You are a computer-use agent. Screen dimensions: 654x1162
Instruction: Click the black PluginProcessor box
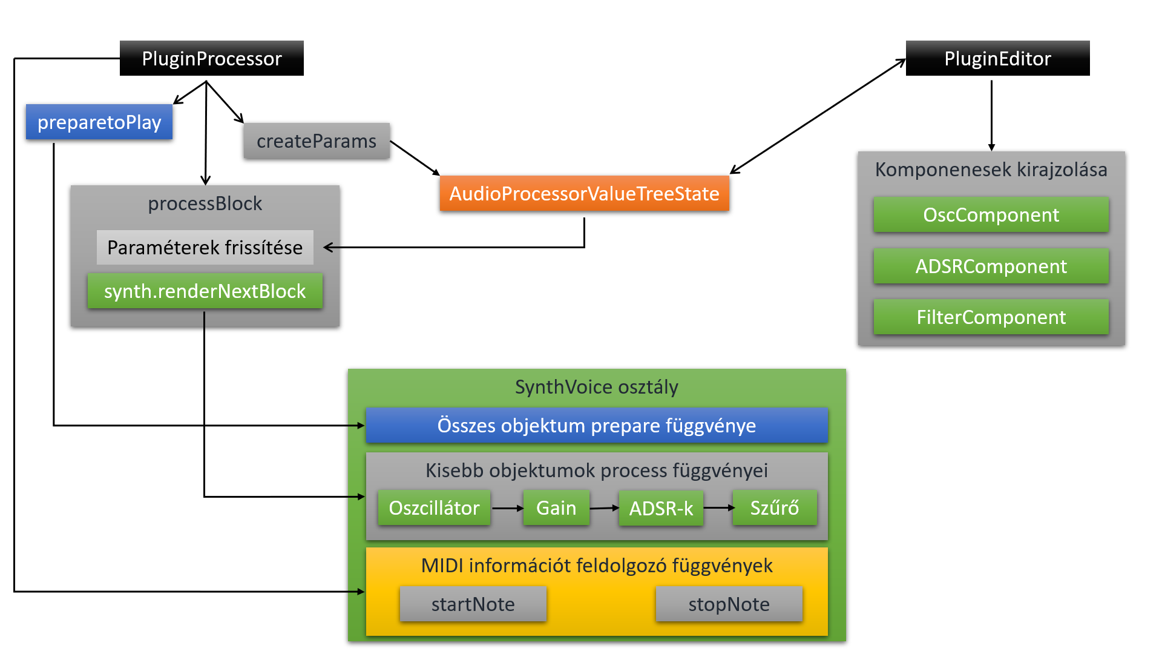tap(211, 58)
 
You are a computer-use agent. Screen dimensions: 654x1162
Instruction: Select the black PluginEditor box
tap(997, 58)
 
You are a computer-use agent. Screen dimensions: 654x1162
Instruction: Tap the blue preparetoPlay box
tap(99, 122)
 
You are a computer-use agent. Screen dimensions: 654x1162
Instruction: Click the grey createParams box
tap(317, 141)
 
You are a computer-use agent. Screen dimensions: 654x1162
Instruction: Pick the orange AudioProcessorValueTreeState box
tap(584, 194)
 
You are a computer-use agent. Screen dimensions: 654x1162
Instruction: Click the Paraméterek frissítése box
tap(205, 247)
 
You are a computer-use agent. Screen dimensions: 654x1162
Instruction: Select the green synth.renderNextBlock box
tap(205, 291)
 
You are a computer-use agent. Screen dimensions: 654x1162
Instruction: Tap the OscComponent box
tap(991, 215)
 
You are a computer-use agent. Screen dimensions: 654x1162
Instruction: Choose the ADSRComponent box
tap(991, 266)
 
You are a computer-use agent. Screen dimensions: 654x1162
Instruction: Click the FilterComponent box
tap(991, 317)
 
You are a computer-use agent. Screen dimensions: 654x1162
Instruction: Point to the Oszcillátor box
tap(434, 507)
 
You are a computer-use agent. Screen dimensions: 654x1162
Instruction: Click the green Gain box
tap(556, 507)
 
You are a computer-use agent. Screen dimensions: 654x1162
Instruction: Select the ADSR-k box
tap(661, 507)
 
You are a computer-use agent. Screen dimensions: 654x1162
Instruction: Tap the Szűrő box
tap(774, 507)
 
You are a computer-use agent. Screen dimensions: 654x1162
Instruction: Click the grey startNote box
tap(473, 604)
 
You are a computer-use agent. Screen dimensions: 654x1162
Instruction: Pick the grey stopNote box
tap(729, 604)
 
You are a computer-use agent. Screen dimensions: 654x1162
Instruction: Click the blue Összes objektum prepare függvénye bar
tap(596, 425)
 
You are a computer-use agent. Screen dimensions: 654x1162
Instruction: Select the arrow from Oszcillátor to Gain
tap(507, 508)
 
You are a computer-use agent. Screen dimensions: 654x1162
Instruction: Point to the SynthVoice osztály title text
tap(596, 387)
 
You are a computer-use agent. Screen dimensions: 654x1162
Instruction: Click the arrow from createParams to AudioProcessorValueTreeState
tap(415, 158)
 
